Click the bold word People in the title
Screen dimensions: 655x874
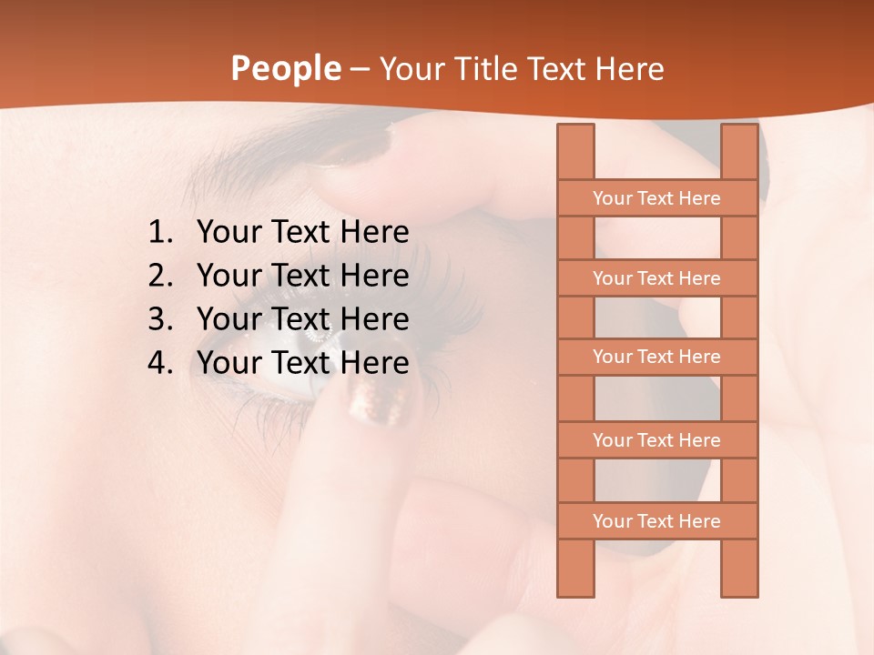click(285, 68)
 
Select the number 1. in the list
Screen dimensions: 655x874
click(160, 233)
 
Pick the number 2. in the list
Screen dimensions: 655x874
click(160, 276)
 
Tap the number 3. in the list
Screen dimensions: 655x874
click(160, 319)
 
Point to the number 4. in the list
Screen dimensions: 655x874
click(160, 363)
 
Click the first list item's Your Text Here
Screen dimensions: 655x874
click(303, 233)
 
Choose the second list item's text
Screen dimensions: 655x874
click(303, 276)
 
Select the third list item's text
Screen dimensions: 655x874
click(303, 319)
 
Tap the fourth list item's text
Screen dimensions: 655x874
click(303, 363)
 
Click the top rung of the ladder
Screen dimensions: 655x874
click(656, 198)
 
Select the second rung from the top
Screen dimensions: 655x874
click(656, 278)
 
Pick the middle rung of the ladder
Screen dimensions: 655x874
click(656, 357)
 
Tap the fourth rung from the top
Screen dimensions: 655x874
click(656, 440)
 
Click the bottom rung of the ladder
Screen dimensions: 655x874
click(656, 521)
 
